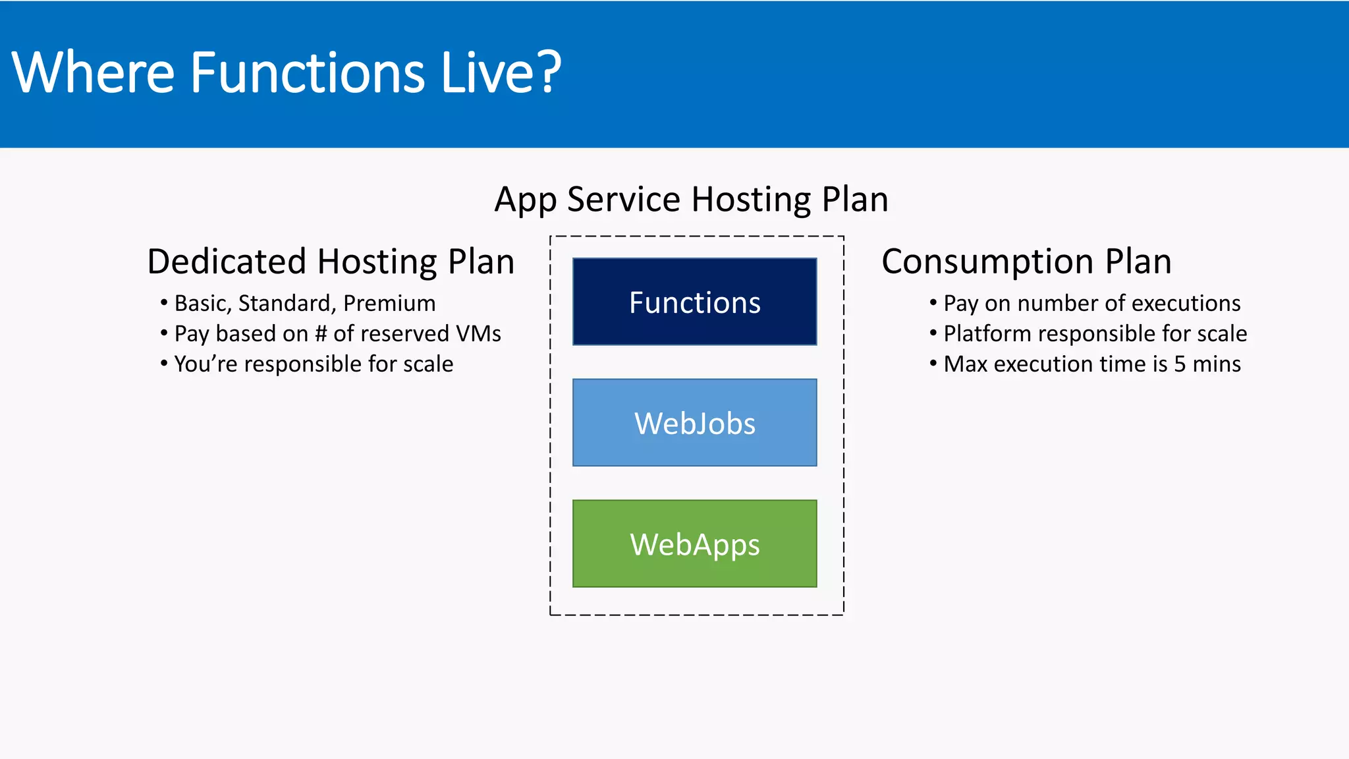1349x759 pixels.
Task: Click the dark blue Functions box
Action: [x=694, y=302]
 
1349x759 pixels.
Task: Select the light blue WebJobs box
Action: [x=694, y=422]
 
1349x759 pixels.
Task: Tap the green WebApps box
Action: [x=694, y=544]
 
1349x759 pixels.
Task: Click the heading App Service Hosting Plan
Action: [x=691, y=199]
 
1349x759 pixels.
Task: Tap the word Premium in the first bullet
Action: [x=389, y=303]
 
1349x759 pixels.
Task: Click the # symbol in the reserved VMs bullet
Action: [x=321, y=333]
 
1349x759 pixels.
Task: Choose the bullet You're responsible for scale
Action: [x=313, y=364]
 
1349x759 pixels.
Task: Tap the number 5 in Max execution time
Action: [x=1180, y=364]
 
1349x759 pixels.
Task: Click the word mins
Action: [x=1217, y=364]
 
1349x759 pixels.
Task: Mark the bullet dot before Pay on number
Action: [x=933, y=302]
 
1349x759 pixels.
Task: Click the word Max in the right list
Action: [x=965, y=364]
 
